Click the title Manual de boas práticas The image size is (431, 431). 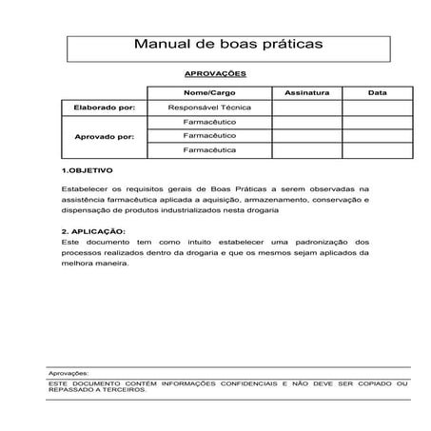(x=215, y=44)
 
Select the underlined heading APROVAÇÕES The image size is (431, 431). (x=215, y=73)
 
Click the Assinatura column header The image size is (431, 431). (x=306, y=93)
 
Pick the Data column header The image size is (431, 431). (x=377, y=93)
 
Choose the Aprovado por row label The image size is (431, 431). (x=104, y=136)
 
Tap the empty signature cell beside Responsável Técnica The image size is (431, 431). (x=306, y=108)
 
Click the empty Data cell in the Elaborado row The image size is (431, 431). (x=377, y=108)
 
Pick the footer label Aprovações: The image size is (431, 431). (x=69, y=374)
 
